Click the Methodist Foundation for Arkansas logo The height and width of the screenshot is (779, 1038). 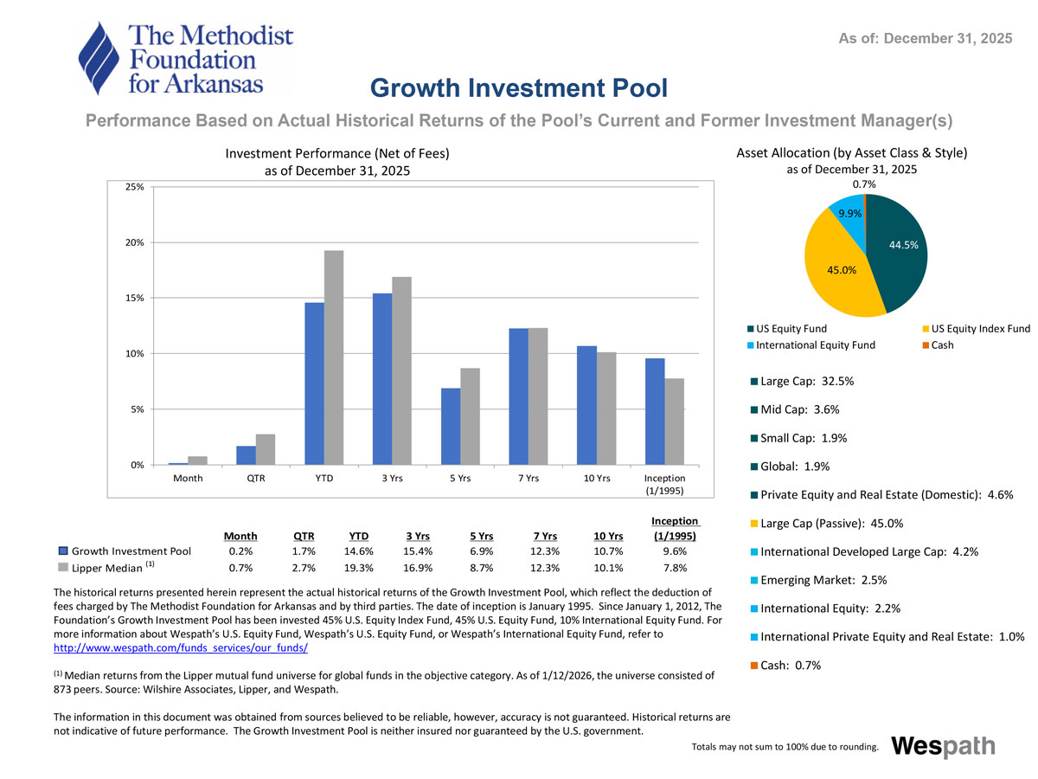tap(185, 57)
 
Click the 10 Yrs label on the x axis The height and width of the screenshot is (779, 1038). tap(597, 479)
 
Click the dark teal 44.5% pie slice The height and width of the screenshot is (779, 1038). tap(900, 251)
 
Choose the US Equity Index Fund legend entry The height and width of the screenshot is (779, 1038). tap(976, 328)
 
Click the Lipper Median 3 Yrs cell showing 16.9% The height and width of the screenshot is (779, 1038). tap(420, 568)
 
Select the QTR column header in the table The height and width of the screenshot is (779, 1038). tap(304, 535)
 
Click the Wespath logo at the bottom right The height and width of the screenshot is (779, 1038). tap(942, 746)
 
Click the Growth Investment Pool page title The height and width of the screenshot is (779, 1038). tap(519, 88)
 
